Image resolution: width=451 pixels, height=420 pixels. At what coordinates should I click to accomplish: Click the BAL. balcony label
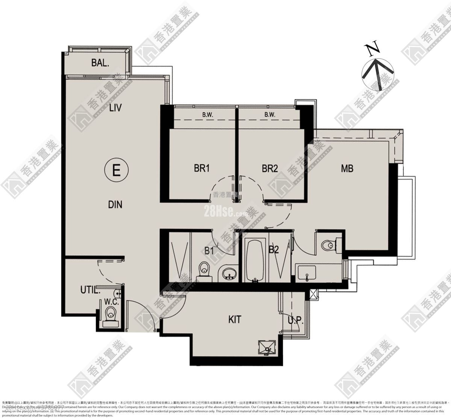coord(100,62)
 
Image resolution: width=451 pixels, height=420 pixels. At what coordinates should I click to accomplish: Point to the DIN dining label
coord(115,204)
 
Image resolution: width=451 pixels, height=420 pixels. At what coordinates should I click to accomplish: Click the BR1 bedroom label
coord(201,168)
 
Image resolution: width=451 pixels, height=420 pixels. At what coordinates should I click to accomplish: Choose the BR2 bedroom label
coord(269,168)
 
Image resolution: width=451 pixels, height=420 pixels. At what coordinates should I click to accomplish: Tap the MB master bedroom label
coord(347,168)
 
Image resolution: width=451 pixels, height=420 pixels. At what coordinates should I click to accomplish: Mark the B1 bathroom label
coord(209,250)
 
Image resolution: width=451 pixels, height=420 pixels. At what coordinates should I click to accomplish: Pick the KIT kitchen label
coord(235,320)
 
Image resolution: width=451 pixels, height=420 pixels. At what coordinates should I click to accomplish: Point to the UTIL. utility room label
coord(90,290)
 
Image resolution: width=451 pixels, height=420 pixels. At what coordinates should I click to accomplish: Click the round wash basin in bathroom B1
coord(228,273)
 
